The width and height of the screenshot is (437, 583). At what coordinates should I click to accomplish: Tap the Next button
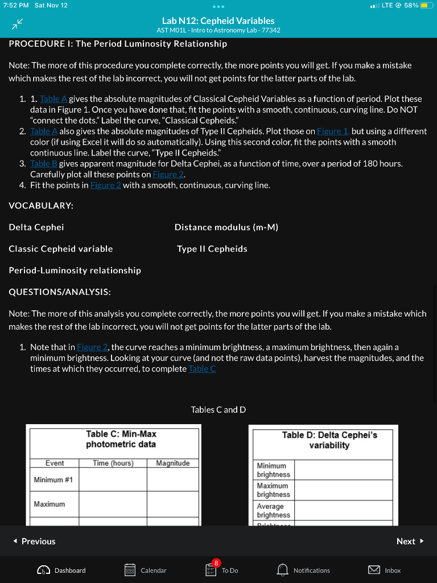[x=410, y=541]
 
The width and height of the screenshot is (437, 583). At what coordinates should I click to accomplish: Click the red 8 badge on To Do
[x=216, y=563]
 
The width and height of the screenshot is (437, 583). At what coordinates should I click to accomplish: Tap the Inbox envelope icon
[x=374, y=570]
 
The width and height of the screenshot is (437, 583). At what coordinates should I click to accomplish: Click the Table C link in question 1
[x=201, y=368]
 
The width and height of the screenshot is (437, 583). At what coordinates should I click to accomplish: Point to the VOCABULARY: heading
[x=41, y=205]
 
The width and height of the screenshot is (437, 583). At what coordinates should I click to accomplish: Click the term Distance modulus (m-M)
[x=226, y=227]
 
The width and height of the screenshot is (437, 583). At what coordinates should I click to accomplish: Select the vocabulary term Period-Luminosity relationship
[x=75, y=270]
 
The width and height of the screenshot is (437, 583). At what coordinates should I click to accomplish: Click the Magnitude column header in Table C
[x=172, y=463]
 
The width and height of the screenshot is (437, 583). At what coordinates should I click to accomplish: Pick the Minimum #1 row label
[x=53, y=480]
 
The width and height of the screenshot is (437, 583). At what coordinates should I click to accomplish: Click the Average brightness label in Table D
[x=273, y=511]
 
